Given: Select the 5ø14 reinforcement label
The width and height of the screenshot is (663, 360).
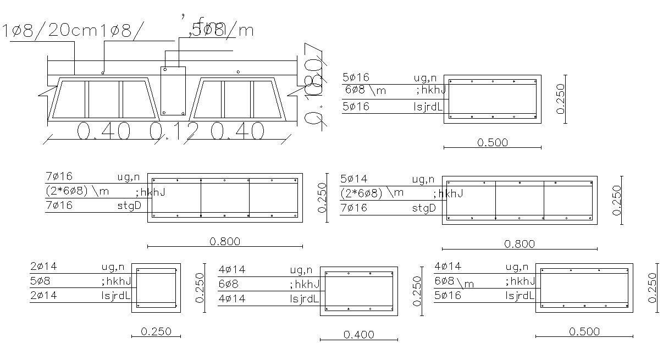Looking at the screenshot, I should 354,179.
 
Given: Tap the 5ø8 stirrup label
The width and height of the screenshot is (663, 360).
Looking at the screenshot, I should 43,281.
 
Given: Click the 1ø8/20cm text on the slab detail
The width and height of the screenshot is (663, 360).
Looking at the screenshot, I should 49,31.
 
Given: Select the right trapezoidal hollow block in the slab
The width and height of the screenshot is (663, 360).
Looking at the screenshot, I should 237,99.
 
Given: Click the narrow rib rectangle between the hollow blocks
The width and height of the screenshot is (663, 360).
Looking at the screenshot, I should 173,91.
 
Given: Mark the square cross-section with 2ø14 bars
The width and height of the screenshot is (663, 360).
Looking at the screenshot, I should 156,287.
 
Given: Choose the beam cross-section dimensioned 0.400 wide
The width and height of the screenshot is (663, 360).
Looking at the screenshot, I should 358,291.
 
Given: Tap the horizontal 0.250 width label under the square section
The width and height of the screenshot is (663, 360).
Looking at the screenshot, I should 156,331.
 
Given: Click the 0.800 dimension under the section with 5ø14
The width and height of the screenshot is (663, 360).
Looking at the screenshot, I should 519,243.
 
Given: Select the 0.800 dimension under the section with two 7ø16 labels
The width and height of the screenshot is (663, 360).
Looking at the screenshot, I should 225,241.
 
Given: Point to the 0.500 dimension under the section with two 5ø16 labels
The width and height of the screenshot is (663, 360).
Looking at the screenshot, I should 492,142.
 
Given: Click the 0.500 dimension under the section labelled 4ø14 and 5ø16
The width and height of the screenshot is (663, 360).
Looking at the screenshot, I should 584,331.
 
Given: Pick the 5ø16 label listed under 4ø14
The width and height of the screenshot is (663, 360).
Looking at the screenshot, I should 447,296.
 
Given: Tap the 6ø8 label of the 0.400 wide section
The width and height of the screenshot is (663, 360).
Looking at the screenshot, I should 228,284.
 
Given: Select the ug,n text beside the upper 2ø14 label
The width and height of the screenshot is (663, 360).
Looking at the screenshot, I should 113,267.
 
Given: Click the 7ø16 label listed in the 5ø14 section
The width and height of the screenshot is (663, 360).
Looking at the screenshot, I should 354,208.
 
